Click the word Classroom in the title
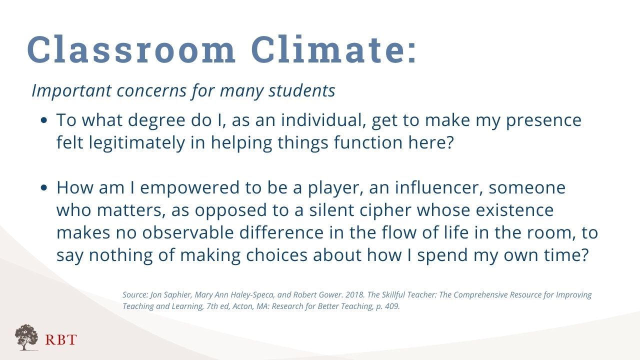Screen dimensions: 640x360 (x=131, y=49)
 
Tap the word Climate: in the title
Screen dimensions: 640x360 (x=333, y=49)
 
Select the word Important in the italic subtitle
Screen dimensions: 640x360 (x=71, y=91)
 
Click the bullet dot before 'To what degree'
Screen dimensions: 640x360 (x=43, y=120)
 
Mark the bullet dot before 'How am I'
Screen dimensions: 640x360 (x=43, y=187)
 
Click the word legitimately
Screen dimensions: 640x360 (x=137, y=143)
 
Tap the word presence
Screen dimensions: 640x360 (x=543, y=121)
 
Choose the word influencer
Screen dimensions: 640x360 (x=439, y=187)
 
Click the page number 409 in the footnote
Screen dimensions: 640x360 (x=392, y=306)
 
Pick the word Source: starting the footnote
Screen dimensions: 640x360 (x=135, y=294)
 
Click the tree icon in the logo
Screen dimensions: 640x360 (x=26, y=337)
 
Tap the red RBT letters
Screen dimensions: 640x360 (x=61, y=339)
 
